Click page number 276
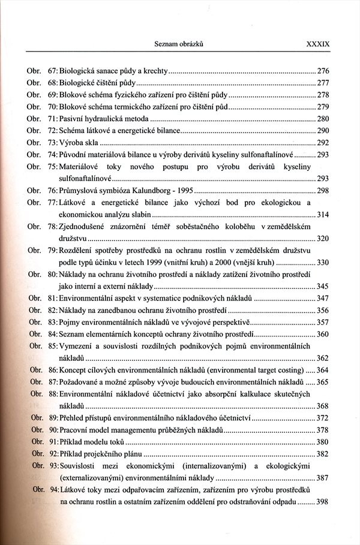point(323,70)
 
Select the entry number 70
point(52,107)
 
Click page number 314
point(323,215)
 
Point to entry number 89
point(53,417)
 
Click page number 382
point(323,453)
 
